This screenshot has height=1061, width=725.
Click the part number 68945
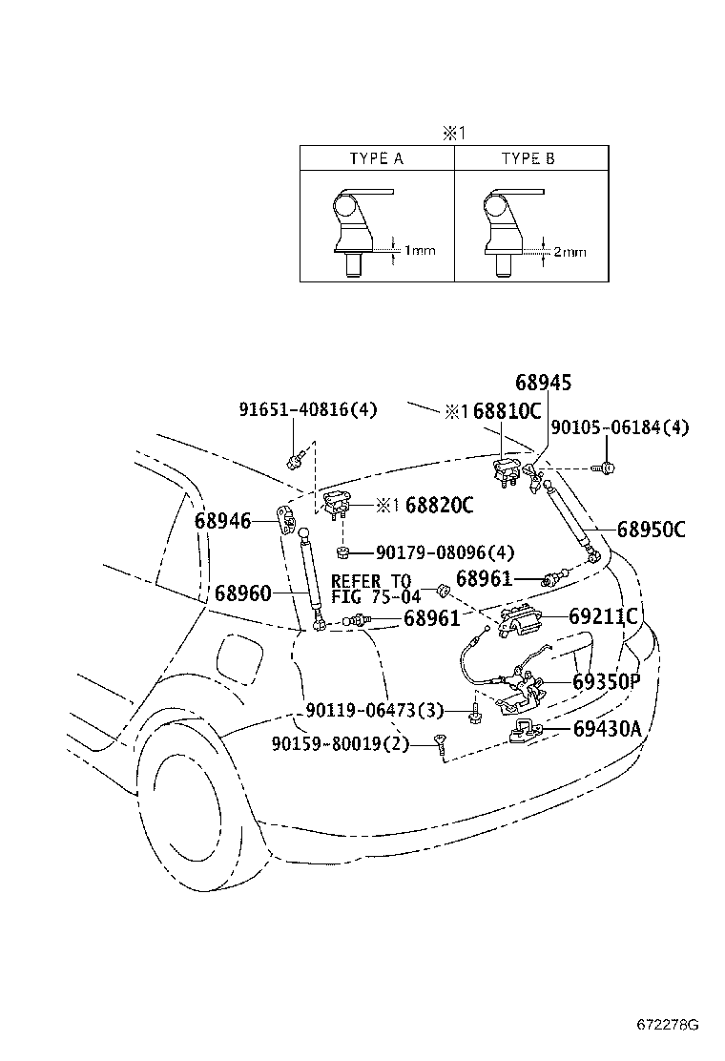click(543, 383)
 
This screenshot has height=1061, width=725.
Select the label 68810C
click(507, 411)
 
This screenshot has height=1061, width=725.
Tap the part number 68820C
click(439, 505)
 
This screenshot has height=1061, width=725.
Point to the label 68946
click(222, 520)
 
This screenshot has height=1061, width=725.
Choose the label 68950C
click(651, 529)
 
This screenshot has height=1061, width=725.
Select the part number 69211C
click(603, 616)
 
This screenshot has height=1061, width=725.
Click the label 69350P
click(607, 682)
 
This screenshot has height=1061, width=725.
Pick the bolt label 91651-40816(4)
click(307, 410)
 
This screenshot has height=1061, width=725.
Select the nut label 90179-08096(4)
click(445, 552)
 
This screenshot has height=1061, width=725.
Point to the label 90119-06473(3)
click(376, 711)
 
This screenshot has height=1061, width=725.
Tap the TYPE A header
click(377, 158)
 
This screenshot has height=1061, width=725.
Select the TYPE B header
click(528, 158)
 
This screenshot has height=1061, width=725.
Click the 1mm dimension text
click(420, 251)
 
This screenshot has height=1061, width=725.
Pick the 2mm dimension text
click(570, 252)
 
